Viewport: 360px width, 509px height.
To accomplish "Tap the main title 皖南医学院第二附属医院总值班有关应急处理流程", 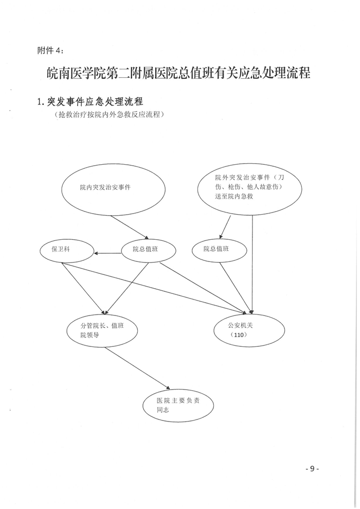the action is (x=178, y=73).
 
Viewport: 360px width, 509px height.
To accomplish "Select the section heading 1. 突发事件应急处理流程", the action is (x=90, y=101).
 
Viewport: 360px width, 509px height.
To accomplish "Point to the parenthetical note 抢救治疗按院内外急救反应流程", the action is (x=110, y=114).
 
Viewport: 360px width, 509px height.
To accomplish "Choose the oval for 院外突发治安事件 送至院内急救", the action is (x=250, y=188).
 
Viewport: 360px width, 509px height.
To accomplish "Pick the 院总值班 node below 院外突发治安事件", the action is (x=220, y=251).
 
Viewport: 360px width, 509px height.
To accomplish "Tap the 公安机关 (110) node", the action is (x=249, y=330).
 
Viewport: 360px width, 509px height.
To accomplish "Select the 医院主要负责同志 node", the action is (x=178, y=406).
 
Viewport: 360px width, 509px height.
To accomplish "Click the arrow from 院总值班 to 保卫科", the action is (x=107, y=253).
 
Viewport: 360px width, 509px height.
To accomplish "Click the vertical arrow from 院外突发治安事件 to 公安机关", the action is (x=253, y=265).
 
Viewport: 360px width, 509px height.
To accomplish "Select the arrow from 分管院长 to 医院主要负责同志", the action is (x=137, y=368).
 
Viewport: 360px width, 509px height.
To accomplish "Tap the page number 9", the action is (x=312, y=469).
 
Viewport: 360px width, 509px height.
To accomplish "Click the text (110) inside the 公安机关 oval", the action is (x=239, y=335).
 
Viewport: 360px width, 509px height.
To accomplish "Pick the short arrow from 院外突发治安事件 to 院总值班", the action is (x=225, y=227).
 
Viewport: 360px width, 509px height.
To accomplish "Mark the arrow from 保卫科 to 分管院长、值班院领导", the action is (x=83, y=288).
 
